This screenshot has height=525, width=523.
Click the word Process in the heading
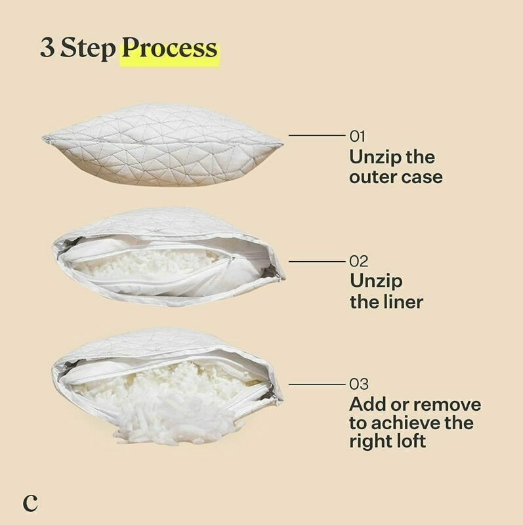[x=169, y=49]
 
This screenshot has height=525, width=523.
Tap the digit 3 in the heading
[x=47, y=49]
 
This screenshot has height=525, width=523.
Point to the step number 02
[x=358, y=261]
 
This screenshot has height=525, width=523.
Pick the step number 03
[x=358, y=383]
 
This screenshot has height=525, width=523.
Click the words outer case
[x=396, y=177]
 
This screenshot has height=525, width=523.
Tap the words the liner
[x=386, y=302]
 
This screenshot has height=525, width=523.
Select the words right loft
[x=387, y=441]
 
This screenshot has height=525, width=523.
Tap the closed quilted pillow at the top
[x=163, y=144]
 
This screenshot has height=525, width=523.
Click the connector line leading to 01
[x=316, y=136]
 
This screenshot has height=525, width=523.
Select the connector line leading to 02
[x=316, y=261]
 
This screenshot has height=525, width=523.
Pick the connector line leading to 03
[x=316, y=383]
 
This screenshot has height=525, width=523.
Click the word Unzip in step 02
[x=375, y=282]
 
